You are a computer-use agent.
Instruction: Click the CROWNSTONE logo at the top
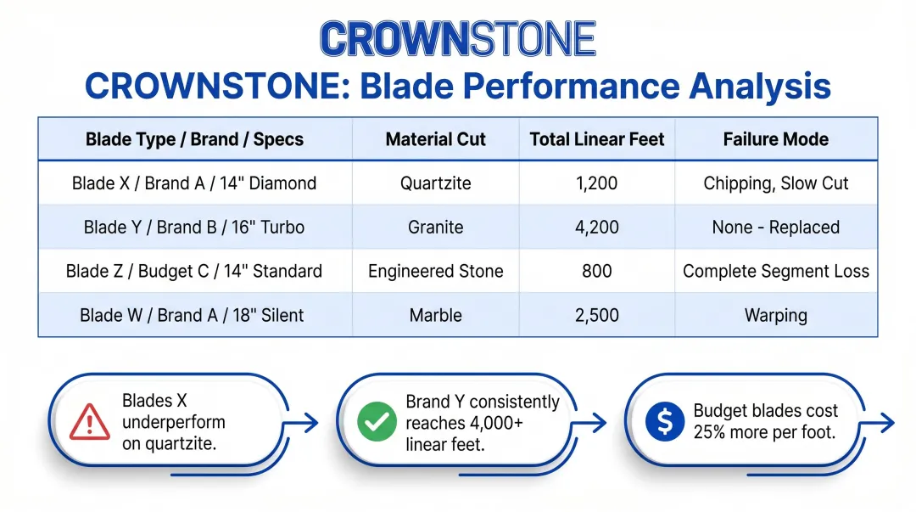(x=458, y=39)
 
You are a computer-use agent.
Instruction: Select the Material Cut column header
(x=436, y=139)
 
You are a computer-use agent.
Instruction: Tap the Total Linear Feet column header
(x=597, y=139)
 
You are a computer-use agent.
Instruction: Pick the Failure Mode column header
(x=775, y=139)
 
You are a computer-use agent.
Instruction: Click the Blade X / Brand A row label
(x=194, y=183)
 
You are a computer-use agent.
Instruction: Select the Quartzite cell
(x=436, y=183)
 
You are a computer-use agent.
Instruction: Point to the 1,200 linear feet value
(x=597, y=183)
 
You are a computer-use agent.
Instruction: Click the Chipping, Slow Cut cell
(x=775, y=183)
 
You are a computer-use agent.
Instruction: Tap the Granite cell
(x=436, y=228)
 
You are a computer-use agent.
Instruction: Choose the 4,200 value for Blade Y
(x=597, y=228)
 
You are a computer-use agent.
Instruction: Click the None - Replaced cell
(x=775, y=228)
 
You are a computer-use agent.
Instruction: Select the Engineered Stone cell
(x=436, y=272)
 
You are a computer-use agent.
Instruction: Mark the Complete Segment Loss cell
(x=775, y=272)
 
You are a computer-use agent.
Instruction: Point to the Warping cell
(x=775, y=315)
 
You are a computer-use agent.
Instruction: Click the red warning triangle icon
(x=89, y=421)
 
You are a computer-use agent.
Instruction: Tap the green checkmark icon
(x=377, y=421)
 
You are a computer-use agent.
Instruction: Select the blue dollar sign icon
(x=664, y=421)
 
